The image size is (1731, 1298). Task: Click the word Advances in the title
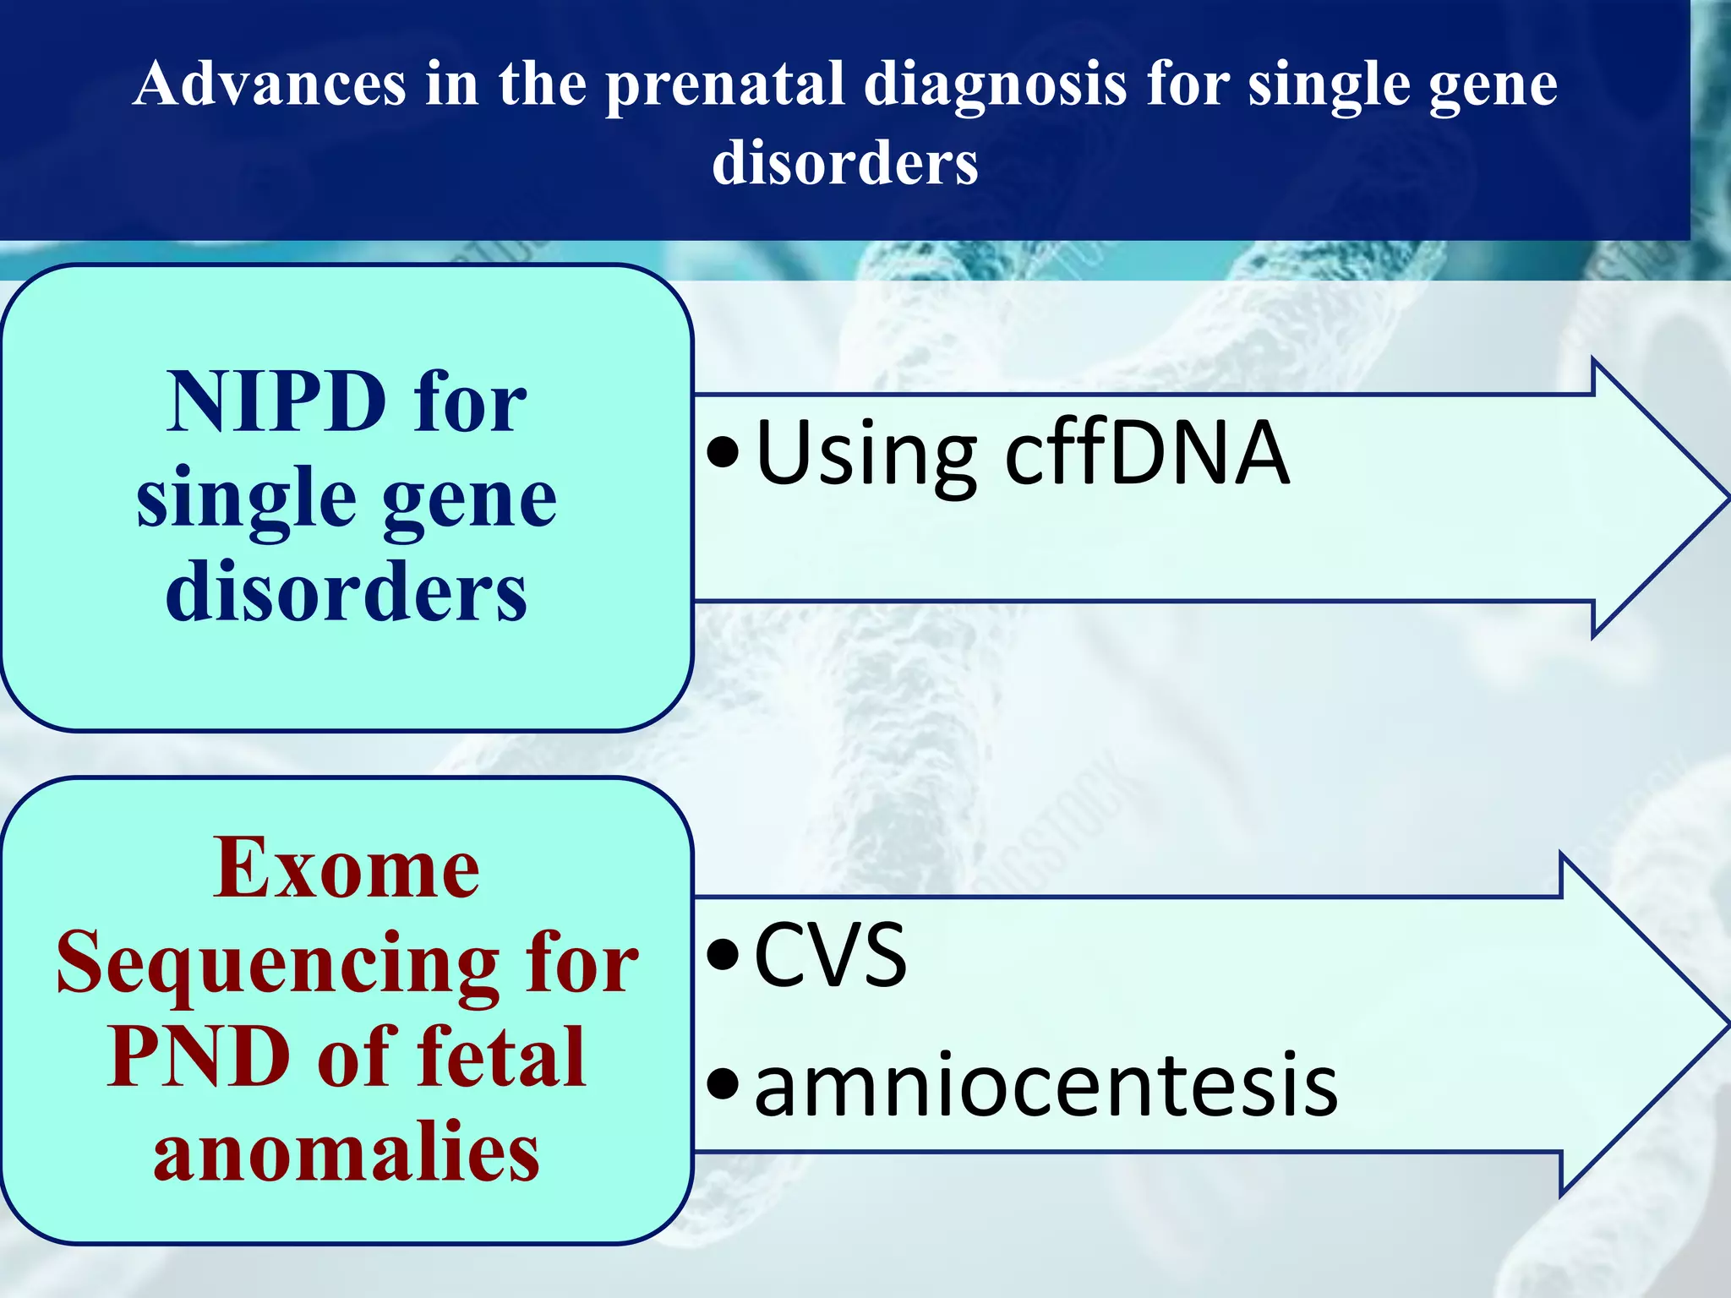tap(269, 85)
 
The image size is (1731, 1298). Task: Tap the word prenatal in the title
tap(725, 85)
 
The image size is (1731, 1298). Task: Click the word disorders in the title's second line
tap(845, 162)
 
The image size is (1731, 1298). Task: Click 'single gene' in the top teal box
tap(347, 499)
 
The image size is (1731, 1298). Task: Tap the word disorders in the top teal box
tap(347, 592)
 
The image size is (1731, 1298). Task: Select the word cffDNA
tap(1147, 454)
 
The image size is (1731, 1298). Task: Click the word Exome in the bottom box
tap(347, 869)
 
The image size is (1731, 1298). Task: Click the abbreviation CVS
tap(830, 956)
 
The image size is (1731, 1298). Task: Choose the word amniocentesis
tap(1046, 1086)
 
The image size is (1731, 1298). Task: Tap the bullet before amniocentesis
tap(724, 1085)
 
